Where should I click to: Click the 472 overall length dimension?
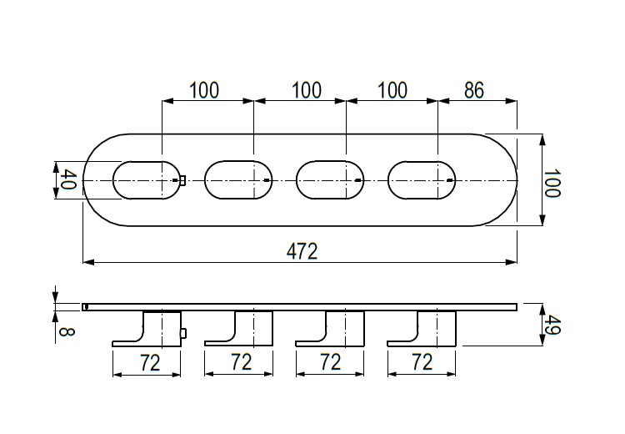click(302, 251)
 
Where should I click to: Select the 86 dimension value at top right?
click(474, 90)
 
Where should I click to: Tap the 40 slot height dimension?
click(67, 180)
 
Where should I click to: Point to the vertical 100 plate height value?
click(552, 184)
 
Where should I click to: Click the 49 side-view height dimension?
click(552, 325)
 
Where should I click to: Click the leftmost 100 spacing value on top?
click(203, 90)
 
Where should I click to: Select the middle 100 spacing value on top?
click(307, 90)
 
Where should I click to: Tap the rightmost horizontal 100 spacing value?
click(392, 90)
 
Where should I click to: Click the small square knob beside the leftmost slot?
click(182, 181)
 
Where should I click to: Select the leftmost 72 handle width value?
click(150, 362)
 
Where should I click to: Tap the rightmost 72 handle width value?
click(422, 362)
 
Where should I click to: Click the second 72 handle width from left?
click(242, 362)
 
